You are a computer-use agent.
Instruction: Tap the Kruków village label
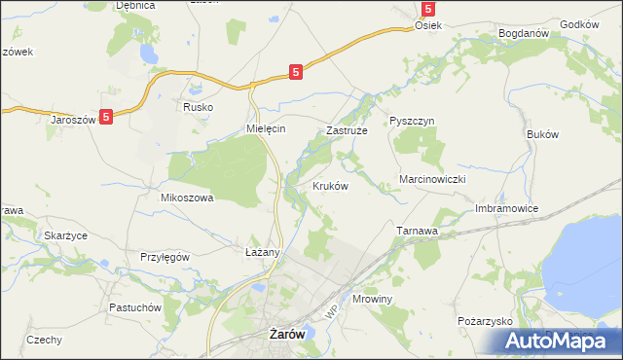(x=330, y=185)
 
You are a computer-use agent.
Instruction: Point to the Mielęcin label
(x=265, y=129)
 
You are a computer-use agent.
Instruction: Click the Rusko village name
(x=198, y=107)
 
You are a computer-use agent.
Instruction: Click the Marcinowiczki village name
(x=434, y=180)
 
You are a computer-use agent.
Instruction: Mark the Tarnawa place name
(x=417, y=231)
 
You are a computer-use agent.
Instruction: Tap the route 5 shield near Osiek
(x=427, y=9)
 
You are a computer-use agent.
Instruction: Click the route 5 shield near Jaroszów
(x=106, y=116)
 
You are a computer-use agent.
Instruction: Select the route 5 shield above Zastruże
(x=296, y=71)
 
